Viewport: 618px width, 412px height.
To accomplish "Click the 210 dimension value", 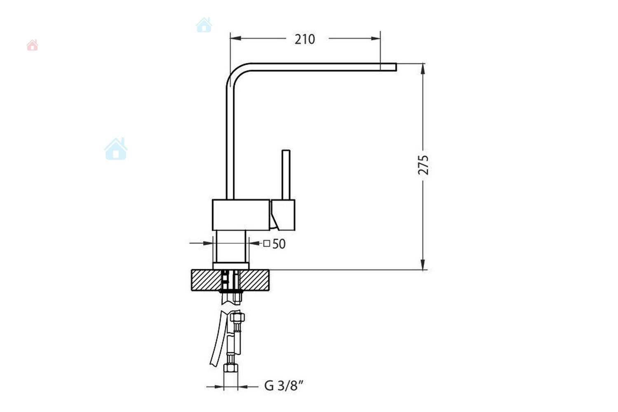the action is click(x=304, y=40).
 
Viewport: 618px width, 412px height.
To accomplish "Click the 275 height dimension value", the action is click(x=424, y=165).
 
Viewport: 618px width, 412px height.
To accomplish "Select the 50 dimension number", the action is click(x=279, y=244).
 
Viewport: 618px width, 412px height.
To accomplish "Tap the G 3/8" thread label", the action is click(x=284, y=386).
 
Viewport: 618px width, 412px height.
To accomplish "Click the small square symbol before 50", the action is click(x=266, y=243).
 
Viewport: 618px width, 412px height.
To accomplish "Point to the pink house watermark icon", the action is click(x=32, y=45).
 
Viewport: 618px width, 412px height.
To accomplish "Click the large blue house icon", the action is click(x=116, y=149).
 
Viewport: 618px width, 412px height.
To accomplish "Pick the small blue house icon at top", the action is click(x=204, y=25).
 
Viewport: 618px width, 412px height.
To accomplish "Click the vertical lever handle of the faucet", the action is click(x=286, y=175).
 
